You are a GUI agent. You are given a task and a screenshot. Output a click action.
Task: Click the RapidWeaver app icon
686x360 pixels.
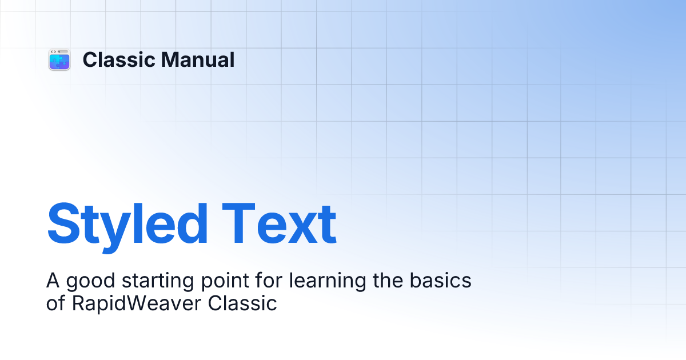pos(59,60)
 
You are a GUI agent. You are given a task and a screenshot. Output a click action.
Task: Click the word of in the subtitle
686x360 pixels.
pos(55,303)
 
